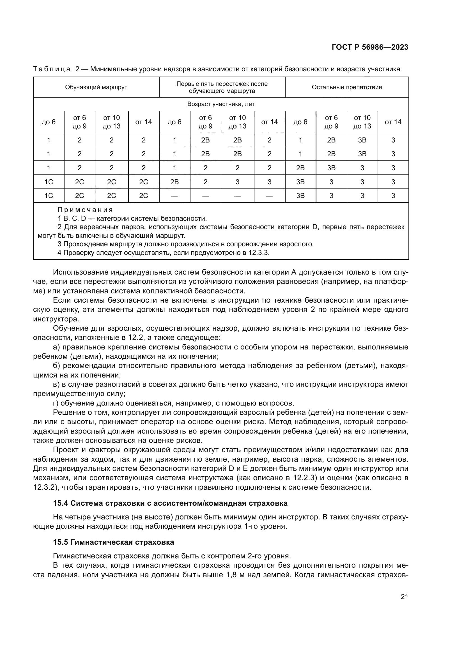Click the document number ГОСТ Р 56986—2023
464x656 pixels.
click(370, 47)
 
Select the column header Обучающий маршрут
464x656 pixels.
click(96, 87)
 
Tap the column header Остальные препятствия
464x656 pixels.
click(346, 87)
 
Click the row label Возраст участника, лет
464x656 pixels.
click(220, 104)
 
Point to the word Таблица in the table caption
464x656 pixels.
click(52, 69)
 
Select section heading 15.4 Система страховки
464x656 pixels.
click(170, 503)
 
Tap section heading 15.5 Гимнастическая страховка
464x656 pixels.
click(113, 542)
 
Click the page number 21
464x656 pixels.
click(404, 597)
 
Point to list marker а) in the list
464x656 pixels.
click(56, 347)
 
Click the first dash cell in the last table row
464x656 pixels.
click(174, 196)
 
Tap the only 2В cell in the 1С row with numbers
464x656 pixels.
click(174, 182)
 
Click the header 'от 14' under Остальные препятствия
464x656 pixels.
click(393, 122)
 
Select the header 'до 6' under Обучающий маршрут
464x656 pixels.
click(49, 122)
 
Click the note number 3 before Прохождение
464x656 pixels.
click(59, 244)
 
